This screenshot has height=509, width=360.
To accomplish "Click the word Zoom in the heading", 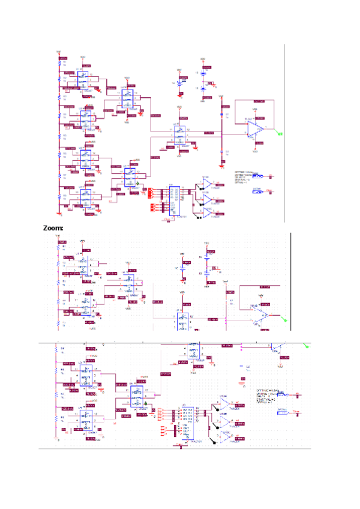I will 52,229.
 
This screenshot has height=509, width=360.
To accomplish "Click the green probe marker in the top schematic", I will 279,134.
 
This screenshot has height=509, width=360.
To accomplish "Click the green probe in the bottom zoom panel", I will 307,346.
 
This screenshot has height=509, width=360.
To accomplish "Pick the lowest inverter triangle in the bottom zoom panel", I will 223,436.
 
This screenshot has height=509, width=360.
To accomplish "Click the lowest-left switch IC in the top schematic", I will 86,196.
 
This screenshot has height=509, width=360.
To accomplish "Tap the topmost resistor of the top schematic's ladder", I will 59,62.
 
